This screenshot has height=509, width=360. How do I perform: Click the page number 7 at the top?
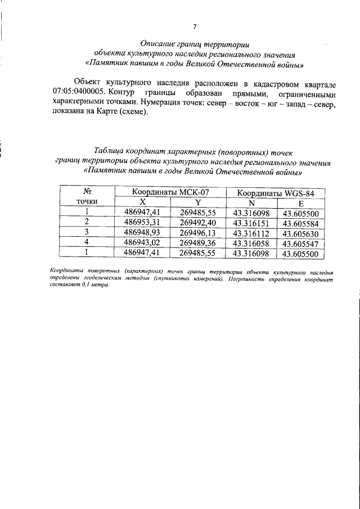click(194, 26)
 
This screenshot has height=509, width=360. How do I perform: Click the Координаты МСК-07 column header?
click(170, 192)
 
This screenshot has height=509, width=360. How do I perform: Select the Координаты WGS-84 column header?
click(273, 192)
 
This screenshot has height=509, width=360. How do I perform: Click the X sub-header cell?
click(142, 201)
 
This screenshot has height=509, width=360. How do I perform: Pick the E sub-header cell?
click(301, 201)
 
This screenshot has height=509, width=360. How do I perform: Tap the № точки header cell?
click(87, 196)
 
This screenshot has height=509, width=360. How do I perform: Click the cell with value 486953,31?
click(142, 222)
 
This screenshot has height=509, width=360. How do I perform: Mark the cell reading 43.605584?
click(301, 222)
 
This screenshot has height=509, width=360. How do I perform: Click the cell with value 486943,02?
click(142, 243)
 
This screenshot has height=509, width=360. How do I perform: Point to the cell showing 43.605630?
click(301, 232)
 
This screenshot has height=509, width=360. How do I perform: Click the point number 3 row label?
click(87, 232)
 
